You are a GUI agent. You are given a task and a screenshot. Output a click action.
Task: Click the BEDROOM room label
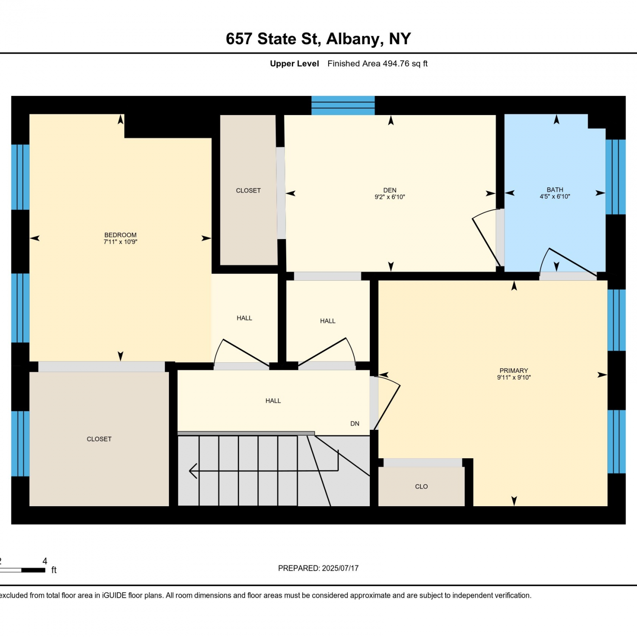pos(121,235)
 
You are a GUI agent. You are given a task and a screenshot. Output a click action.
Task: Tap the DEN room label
pos(390,190)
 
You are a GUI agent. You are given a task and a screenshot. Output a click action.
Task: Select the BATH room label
pos(555,190)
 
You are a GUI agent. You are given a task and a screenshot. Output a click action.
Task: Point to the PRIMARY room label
pos(514,371)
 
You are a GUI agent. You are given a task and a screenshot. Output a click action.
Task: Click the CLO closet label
pos(421,487)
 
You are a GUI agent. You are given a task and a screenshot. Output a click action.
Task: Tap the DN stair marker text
pos(355,424)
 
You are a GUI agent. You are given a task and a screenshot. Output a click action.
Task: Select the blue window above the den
pos(343,105)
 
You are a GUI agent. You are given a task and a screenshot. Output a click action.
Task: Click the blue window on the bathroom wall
pos(615,177)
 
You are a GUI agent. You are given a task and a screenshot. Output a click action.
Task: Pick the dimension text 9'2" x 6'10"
pos(390,197)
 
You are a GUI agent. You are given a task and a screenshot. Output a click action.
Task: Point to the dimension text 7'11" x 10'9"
pos(121,242)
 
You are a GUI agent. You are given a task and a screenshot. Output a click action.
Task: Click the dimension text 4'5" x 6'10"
pos(555,197)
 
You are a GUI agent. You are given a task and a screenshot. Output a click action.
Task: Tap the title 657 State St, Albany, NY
pos(318,39)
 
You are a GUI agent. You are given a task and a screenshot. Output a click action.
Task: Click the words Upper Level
pos(294,64)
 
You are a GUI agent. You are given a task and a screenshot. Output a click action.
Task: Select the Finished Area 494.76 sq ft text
pos(378,64)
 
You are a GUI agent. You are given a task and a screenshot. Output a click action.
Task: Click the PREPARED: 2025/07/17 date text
pos(318,568)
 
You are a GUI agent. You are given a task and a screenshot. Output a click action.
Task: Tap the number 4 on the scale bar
pos(45,561)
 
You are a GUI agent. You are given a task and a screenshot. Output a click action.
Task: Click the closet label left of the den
pos(248,191)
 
